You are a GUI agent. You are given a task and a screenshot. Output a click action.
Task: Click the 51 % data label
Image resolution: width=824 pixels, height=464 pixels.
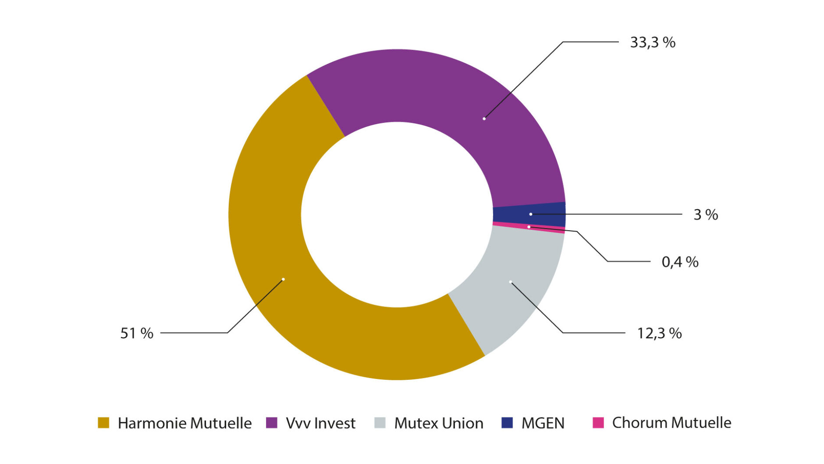click(137, 333)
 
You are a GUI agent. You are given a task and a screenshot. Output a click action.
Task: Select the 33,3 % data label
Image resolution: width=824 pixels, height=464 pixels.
click(653, 43)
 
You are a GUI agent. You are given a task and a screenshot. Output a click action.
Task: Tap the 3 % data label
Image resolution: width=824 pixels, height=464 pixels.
click(706, 214)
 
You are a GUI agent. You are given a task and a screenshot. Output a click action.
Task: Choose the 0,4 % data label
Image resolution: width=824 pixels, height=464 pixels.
click(680, 262)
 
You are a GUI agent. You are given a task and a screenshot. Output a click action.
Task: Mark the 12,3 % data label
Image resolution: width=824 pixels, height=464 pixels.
click(659, 333)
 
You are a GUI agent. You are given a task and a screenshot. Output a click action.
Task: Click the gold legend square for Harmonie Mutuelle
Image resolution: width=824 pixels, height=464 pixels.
click(103, 423)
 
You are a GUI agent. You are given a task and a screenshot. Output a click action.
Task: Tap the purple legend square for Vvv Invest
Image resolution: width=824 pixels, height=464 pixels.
click(272, 423)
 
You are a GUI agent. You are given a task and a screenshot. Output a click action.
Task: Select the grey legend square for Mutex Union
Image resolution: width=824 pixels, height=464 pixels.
click(380, 423)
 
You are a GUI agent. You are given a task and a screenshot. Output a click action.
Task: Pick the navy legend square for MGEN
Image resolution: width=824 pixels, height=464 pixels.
click(507, 423)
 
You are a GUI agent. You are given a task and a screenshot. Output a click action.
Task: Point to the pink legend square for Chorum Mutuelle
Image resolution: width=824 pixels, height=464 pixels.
click(598, 423)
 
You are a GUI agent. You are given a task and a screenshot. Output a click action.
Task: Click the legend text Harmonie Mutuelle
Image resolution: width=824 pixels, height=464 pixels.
click(185, 423)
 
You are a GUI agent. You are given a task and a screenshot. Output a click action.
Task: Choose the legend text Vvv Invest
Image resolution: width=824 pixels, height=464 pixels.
click(320, 423)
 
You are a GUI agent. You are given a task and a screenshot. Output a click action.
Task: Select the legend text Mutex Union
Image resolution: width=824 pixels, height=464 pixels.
click(439, 423)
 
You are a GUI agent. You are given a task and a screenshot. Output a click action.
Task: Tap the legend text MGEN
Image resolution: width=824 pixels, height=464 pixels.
click(543, 423)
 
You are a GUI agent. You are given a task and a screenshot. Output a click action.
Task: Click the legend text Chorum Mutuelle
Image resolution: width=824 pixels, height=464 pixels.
click(671, 423)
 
